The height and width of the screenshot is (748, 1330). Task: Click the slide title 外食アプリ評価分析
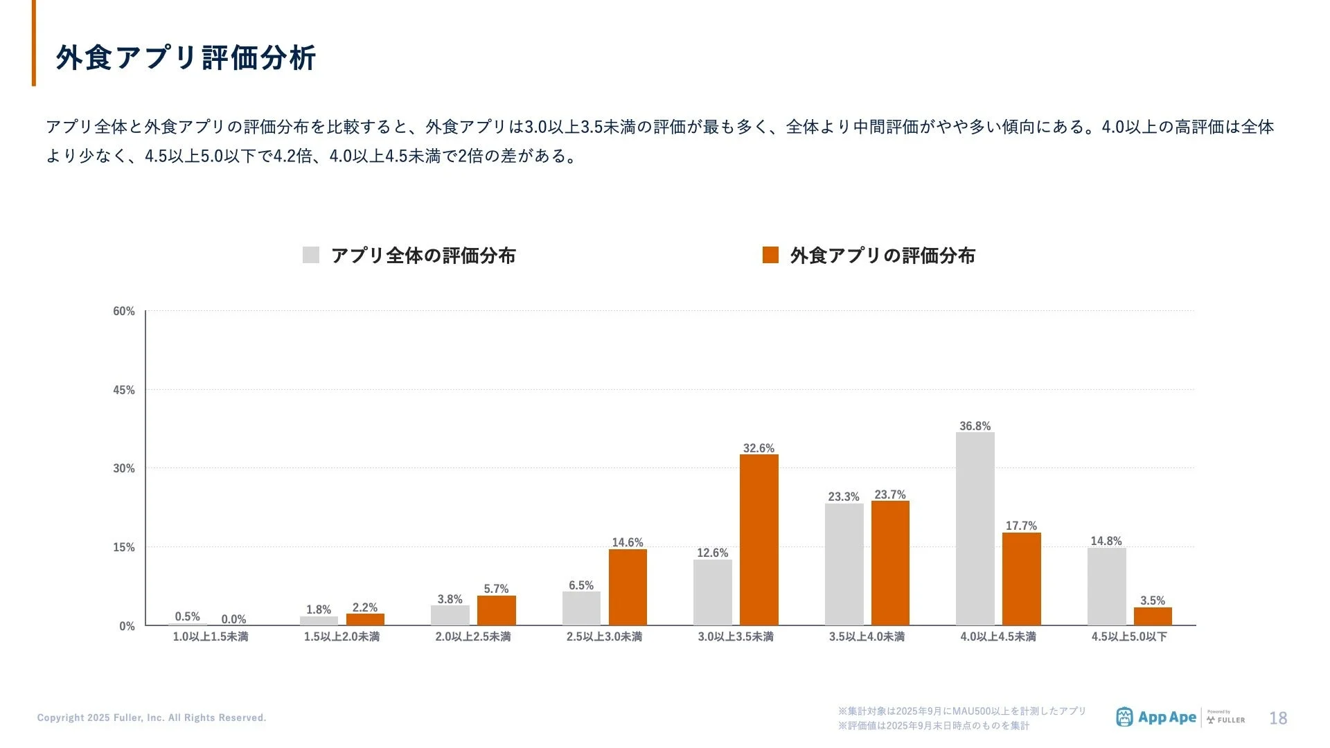(186, 57)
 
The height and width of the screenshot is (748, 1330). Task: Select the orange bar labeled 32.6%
(759, 540)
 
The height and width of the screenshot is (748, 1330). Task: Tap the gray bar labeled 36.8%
(975, 529)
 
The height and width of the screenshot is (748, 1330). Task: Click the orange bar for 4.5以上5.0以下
(1153, 616)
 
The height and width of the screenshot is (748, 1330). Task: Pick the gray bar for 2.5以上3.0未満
(581, 609)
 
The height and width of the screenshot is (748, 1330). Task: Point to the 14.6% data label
(627, 542)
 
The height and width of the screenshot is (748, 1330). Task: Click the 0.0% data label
(233, 619)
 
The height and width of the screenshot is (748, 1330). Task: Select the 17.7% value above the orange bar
(1021, 526)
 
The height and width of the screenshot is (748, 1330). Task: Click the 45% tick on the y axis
(124, 390)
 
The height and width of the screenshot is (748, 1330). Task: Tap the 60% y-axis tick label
(124, 311)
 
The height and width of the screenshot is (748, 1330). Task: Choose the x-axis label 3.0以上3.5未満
(735, 636)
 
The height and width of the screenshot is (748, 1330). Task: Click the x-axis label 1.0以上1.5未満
(210, 636)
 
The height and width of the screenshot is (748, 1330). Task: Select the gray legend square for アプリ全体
(311, 255)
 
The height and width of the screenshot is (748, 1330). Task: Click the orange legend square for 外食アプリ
(770, 255)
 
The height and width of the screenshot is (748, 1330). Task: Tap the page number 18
(1277, 718)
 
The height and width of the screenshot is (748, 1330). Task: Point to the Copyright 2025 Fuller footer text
(152, 718)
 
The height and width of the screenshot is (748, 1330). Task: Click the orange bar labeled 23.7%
(890, 563)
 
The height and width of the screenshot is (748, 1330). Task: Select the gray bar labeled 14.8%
(1106, 587)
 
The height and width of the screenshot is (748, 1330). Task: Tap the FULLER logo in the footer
(1226, 718)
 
